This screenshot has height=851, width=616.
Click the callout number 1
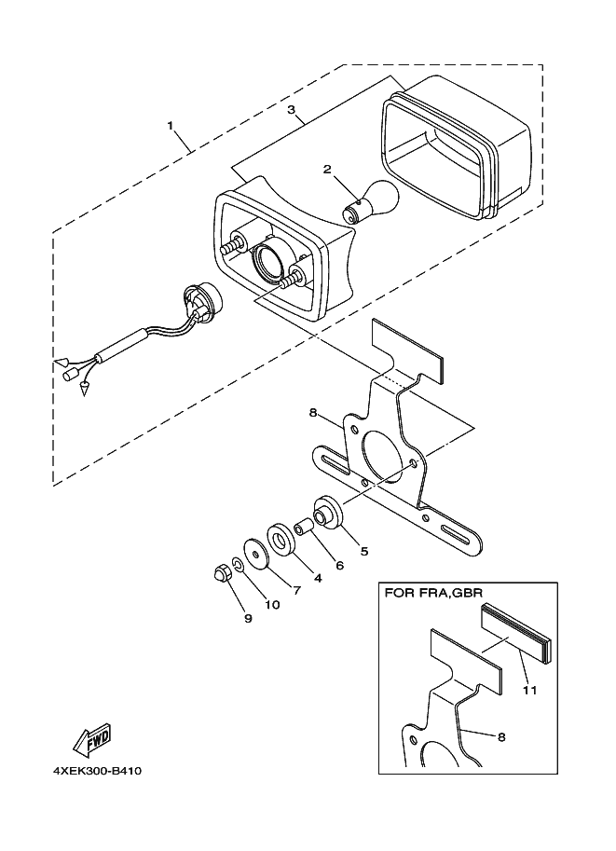tap(170, 124)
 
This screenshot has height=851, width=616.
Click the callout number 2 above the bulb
tap(327, 169)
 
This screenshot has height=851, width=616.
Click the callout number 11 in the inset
tap(529, 691)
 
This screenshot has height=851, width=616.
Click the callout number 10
tap(272, 604)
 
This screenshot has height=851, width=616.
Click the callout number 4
tap(317, 578)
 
